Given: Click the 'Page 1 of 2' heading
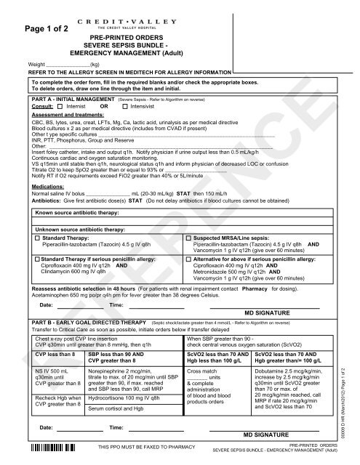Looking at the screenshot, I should tap(45, 29).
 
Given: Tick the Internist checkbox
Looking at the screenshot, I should tap(60, 107).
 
